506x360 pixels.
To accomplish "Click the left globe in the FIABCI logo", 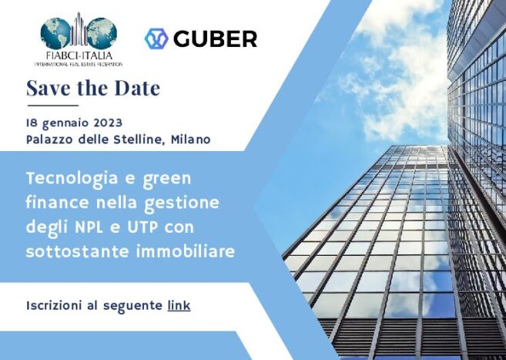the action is click(x=55, y=33).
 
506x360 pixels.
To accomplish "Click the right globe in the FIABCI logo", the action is click(x=102, y=33).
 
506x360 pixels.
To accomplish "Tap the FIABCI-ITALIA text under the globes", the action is click(x=79, y=56).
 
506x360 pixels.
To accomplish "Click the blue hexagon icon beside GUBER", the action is click(x=156, y=39).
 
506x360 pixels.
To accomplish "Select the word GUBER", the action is click(x=215, y=39).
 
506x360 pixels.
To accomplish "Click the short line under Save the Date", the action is click(x=53, y=106).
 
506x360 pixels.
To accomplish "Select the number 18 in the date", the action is click(x=32, y=123).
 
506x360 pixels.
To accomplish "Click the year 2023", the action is click(x=108, y=123).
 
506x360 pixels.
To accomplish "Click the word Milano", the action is click(x=191, y=140).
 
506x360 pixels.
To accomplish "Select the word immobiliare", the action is click(x=186, y=251).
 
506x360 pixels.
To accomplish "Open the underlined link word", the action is click(x=179, y=305).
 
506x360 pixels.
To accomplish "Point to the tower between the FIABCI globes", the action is click(x=79, y=29).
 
